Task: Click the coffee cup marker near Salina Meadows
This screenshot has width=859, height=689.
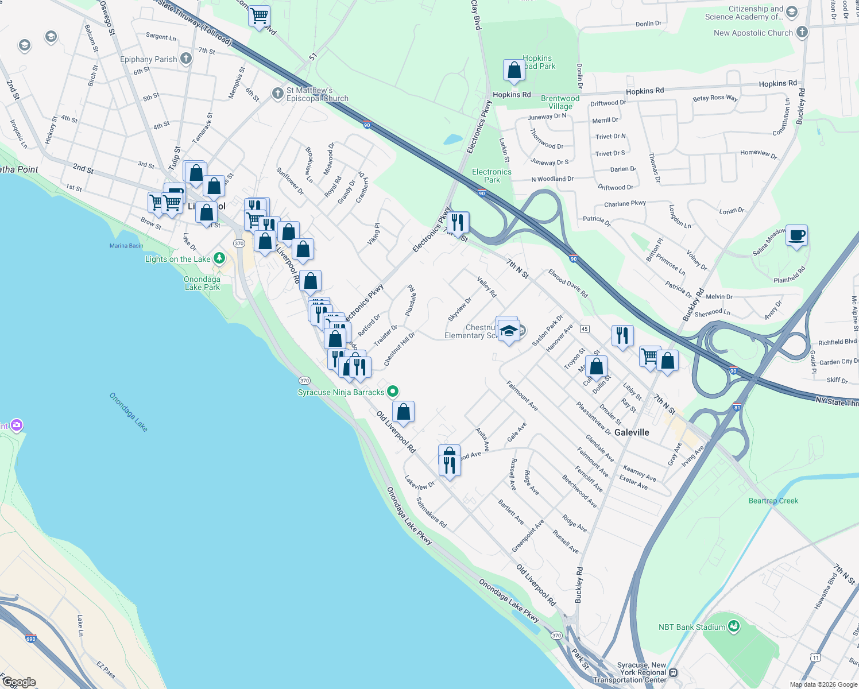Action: [796, 235]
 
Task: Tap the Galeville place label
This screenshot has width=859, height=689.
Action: [632, 432]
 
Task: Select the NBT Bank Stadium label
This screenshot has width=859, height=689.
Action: [692, 627]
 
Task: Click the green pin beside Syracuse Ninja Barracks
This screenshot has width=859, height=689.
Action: [393, 392]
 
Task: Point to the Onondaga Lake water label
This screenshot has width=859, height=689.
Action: [129, 412]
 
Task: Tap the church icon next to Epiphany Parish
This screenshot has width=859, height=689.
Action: [185, 59]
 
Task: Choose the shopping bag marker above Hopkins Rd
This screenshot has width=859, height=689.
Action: [514, 70]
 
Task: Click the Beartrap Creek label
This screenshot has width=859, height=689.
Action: [773, 501]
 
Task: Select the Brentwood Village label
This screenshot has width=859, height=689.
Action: [560, 102]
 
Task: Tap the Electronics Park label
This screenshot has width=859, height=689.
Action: [492, 176]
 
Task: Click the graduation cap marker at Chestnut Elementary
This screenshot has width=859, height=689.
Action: [509, 331]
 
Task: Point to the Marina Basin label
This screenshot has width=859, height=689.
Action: [126, 246]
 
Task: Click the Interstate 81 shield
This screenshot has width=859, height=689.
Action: [737, 408]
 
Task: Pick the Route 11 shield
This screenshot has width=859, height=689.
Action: [815, 657]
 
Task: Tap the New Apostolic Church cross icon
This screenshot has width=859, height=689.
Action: [802, 32]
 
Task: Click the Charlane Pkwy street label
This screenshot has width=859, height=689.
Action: [625, 204]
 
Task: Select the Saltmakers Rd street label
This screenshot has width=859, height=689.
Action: [431, 513]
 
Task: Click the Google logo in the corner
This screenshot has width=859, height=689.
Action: [19, 682]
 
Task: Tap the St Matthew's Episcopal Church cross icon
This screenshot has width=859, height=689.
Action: [277, 93]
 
